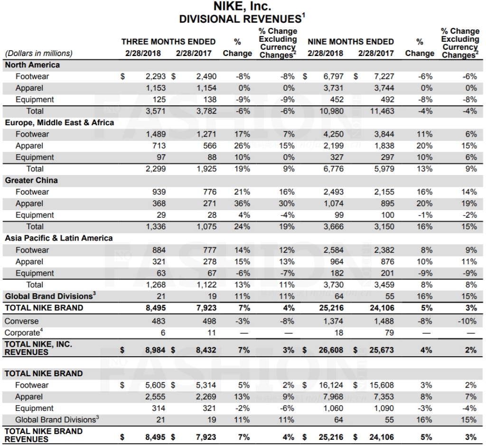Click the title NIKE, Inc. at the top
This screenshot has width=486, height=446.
point(243,7)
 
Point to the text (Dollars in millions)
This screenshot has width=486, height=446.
point(38,53)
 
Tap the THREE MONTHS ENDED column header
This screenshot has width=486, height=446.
point(168,42)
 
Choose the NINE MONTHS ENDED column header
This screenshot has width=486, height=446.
point(351,42)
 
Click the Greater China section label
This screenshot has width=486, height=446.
point(31,180)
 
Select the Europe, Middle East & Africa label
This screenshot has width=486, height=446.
point(59,122)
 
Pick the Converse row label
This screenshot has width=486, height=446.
point(21,321)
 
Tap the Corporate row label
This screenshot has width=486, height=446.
point(22,333)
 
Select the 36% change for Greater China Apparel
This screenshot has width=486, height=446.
point(242,204)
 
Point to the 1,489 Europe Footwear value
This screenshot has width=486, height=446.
point(156,134)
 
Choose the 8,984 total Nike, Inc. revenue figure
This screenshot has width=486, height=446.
point(155,350)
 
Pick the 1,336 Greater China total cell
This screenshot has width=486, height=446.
point(156,226)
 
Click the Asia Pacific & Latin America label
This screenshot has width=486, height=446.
point(59,238)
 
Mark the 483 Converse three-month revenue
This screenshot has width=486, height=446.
point(159,321)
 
